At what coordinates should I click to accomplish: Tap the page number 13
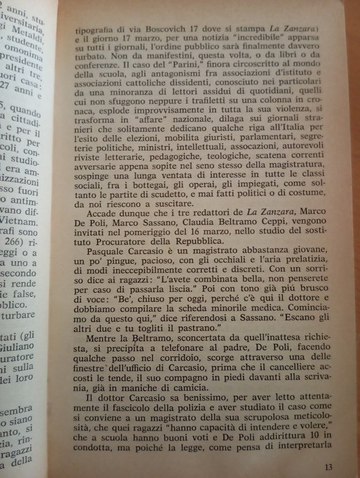(329, 467)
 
